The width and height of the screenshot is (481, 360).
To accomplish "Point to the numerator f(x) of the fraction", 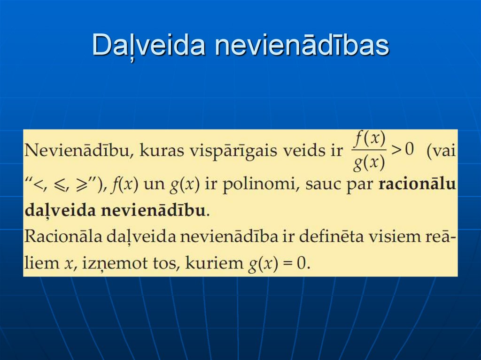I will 370,139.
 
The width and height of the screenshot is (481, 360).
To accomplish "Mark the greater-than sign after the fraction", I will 396,151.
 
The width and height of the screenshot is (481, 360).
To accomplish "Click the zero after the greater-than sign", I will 409,151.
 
